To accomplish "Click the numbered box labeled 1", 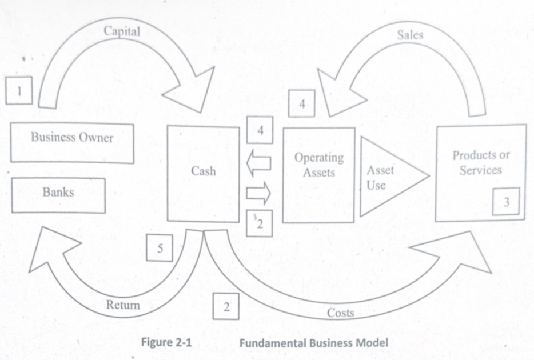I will [18, 91].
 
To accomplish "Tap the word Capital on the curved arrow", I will [122, 31].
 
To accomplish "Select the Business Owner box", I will [72, 137].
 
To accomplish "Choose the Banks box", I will [58, 193].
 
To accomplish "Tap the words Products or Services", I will [480, 163].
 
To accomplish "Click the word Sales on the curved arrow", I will [410, 35].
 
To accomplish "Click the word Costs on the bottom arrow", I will [340, 313].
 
